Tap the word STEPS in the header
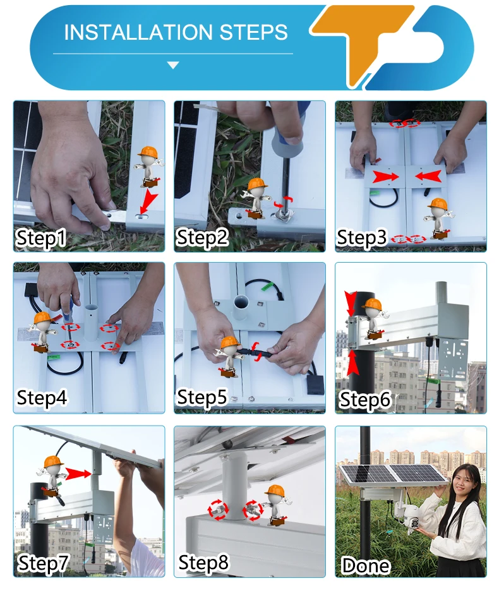point(253,32)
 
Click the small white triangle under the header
point(173,65)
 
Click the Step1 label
point(41,238)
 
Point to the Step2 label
point(202,237)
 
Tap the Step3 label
point(362,238)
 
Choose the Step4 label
point(42,397)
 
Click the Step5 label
point(202,397)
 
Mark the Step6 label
point(364,400)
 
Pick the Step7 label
point(43,563)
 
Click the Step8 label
point(203,562)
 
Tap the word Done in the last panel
point(366,565)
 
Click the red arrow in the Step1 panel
point(148,201)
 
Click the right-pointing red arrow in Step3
point(385,177)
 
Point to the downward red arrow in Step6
point(351,303)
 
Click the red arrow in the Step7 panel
point(78,474)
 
